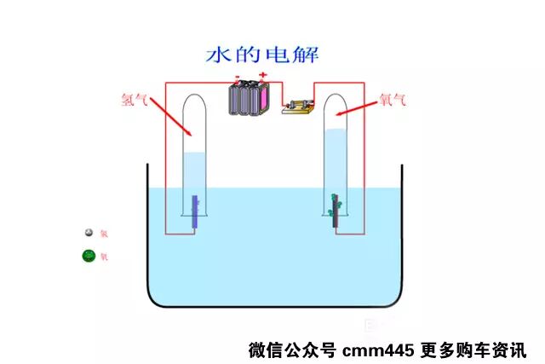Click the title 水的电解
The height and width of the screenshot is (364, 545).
tap(262, 55)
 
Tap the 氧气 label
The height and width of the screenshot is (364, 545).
tap(392, 99)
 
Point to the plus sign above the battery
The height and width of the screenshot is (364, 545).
tap(263, 76)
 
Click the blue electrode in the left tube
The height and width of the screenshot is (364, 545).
tap(195, 212)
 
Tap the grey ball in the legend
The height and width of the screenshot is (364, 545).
tap(87, 233)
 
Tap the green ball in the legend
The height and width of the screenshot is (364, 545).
tap(87, 255)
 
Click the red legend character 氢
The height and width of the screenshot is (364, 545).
tap(104, 234)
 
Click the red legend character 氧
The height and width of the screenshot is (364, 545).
tap(104, 256)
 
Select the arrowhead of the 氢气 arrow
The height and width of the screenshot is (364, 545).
tap(190, 134)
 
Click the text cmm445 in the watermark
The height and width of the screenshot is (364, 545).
tap(370, 350)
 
